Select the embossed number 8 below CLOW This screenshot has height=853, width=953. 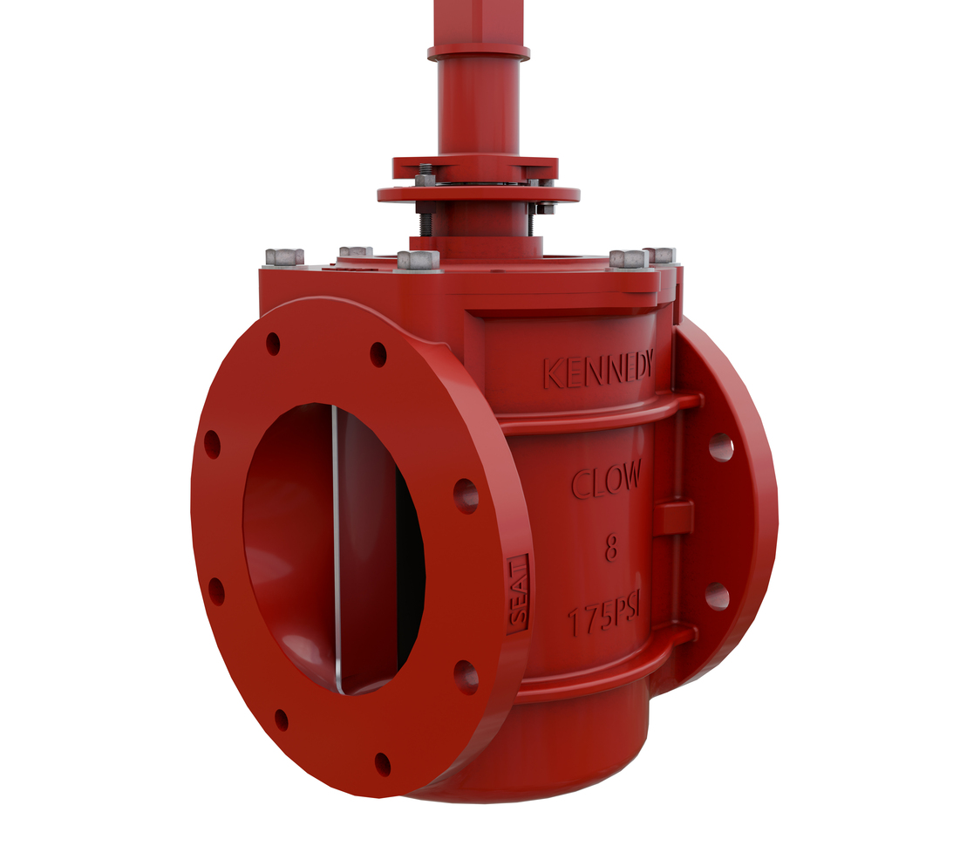[x=611, y=549]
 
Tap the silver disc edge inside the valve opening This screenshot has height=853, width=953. [x=335, y=549]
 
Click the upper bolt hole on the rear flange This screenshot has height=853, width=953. [x=720, y=447]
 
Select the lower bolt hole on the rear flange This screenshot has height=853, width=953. [x=717, y=597]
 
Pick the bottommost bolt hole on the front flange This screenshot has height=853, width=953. [x=382, y=764]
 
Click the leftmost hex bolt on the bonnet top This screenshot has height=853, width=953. [x=284, y=256]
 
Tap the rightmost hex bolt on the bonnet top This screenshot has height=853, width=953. [x=660, y=255]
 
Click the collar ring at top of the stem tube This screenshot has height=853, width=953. [x=478, y=52]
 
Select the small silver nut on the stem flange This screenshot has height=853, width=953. [x=425, y=180]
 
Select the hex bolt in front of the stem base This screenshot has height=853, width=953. [x=418, y=260]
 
